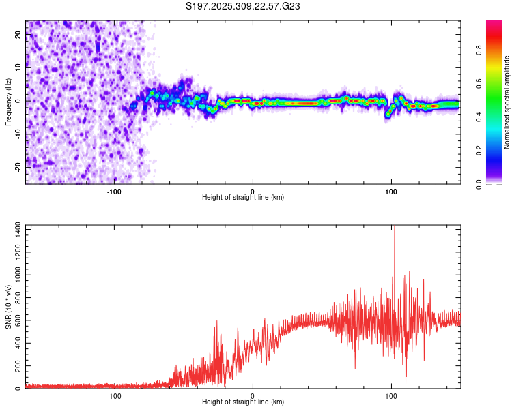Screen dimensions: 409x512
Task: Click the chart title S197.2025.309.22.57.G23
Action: [244, 7]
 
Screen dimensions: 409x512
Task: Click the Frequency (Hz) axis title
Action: [8, 102]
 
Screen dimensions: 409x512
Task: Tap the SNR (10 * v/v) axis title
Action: [8, 307]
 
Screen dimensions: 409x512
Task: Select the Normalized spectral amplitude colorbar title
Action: [507, 102]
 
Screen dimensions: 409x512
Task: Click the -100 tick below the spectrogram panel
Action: [114, 192]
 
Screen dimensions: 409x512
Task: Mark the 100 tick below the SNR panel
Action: [391, 397]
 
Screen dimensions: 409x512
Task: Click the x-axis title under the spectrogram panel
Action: [243, 198]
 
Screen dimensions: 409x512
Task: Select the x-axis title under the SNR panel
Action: [243, 403]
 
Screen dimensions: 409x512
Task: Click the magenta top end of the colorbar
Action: [494, 24]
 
